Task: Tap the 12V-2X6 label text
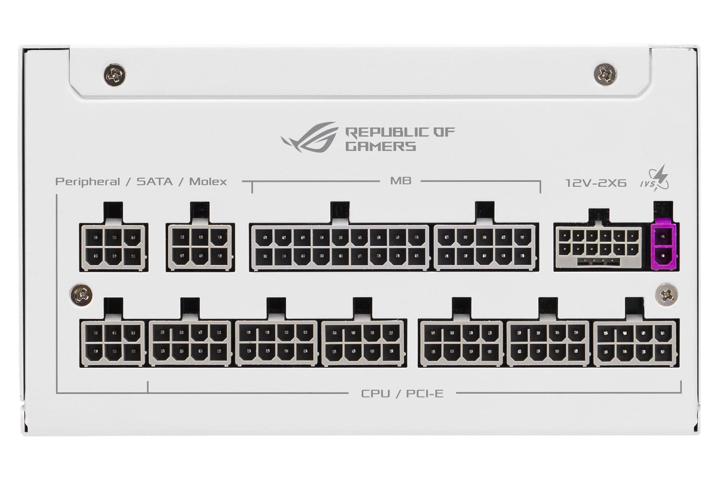click(595, 183)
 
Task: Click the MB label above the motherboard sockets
click(400, 181)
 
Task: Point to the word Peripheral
click(88, 182)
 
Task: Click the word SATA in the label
click(154, 182)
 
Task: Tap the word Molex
click(208, 182)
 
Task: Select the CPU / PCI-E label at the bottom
click(402, 393)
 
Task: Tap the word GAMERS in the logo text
click(380, 146)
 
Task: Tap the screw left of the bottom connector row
click(82, 294)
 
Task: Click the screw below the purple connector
click(666, 294)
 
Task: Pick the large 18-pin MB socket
click(341, 247)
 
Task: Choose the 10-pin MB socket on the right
click(486, 247)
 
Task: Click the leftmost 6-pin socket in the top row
click(114, 247)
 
